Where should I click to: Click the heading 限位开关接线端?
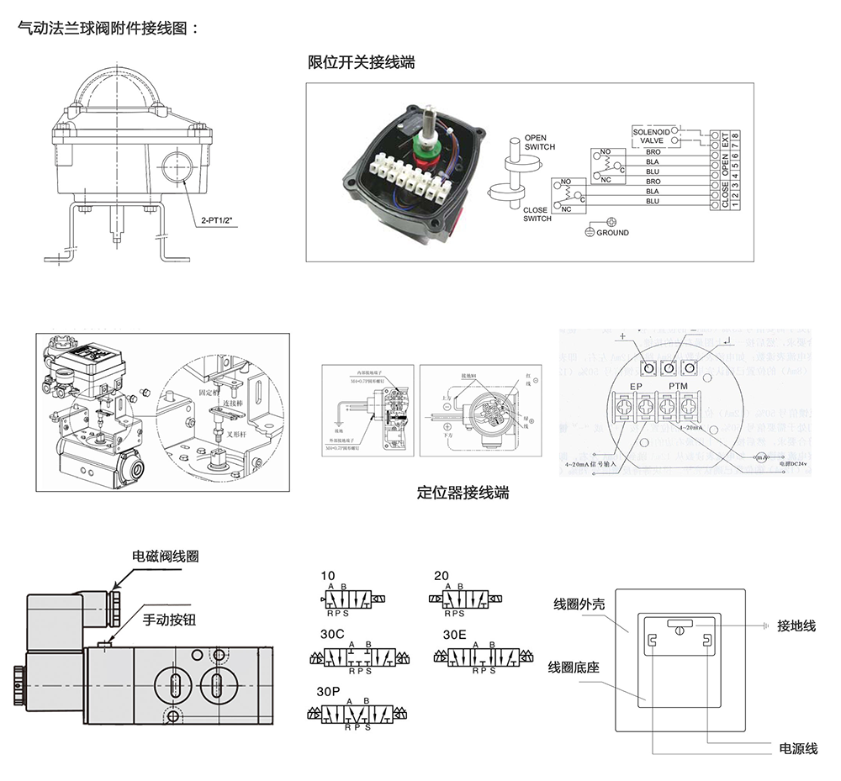361,62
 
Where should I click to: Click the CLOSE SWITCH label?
537,214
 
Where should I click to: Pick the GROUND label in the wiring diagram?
612,233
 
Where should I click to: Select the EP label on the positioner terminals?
637,388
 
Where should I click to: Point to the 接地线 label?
796,625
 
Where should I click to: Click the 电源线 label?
798,748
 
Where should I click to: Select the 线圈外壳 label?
578,604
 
